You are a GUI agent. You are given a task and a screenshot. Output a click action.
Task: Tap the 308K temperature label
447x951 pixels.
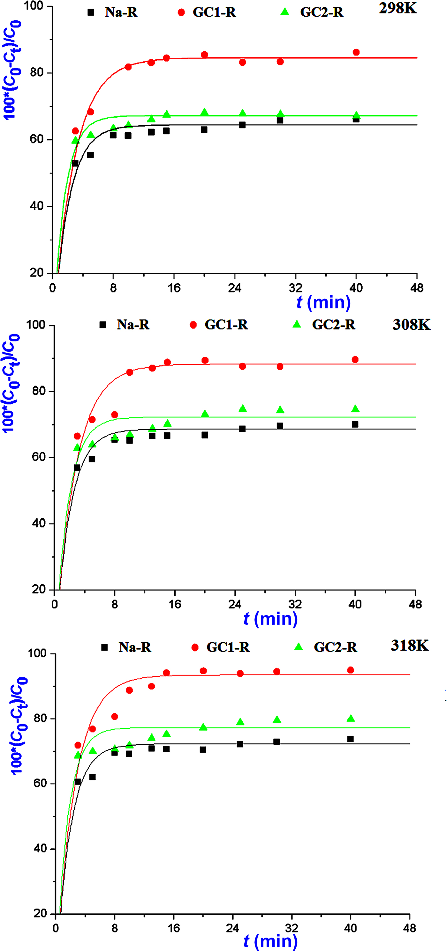point(411,325)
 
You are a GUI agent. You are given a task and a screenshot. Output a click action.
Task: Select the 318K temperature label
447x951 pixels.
point(409,645)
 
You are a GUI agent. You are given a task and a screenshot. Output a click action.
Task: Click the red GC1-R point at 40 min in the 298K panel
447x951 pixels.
point(356,52)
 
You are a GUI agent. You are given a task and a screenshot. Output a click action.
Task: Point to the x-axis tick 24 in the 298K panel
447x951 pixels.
point(235,288)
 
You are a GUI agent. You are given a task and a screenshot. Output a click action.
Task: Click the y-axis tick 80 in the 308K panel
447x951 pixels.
point(39,391)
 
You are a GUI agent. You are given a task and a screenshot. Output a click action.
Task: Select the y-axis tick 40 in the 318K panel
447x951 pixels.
point(40,848)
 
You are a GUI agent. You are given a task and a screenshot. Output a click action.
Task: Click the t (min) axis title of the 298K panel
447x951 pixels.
point(323,302)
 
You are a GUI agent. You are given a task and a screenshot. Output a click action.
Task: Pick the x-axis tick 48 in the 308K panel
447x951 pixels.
point(415,605)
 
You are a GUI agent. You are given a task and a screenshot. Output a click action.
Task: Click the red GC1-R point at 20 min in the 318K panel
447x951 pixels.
point(203,671)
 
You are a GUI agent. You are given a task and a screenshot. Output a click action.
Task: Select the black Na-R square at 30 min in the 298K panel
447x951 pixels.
point(280,120)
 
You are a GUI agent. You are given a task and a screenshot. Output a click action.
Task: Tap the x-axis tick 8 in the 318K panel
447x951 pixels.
point(115,928)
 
